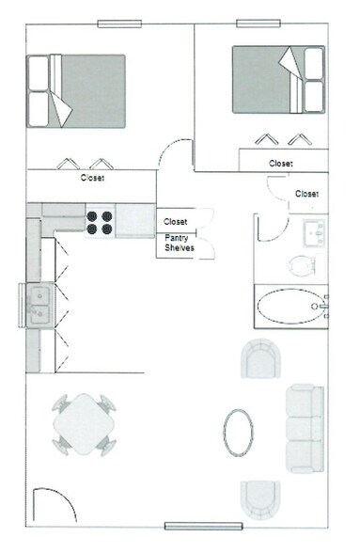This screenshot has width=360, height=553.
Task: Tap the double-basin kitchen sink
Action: click(x=39, y=307)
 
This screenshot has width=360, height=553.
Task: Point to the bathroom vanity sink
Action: click(x=313, y=230)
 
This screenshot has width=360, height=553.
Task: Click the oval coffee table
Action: click(x=238, y=432)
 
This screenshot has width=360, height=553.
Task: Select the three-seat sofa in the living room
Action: click(x=305, y=426)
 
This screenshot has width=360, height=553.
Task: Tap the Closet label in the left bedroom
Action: click(x=92, y=177)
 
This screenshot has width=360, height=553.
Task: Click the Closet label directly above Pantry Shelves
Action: click(x=176, y=222)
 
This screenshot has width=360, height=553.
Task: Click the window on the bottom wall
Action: click(x=203, y=525)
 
